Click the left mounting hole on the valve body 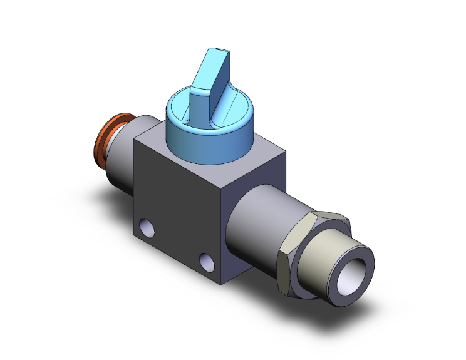coord(147,227)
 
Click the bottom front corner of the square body coord(223,282)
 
